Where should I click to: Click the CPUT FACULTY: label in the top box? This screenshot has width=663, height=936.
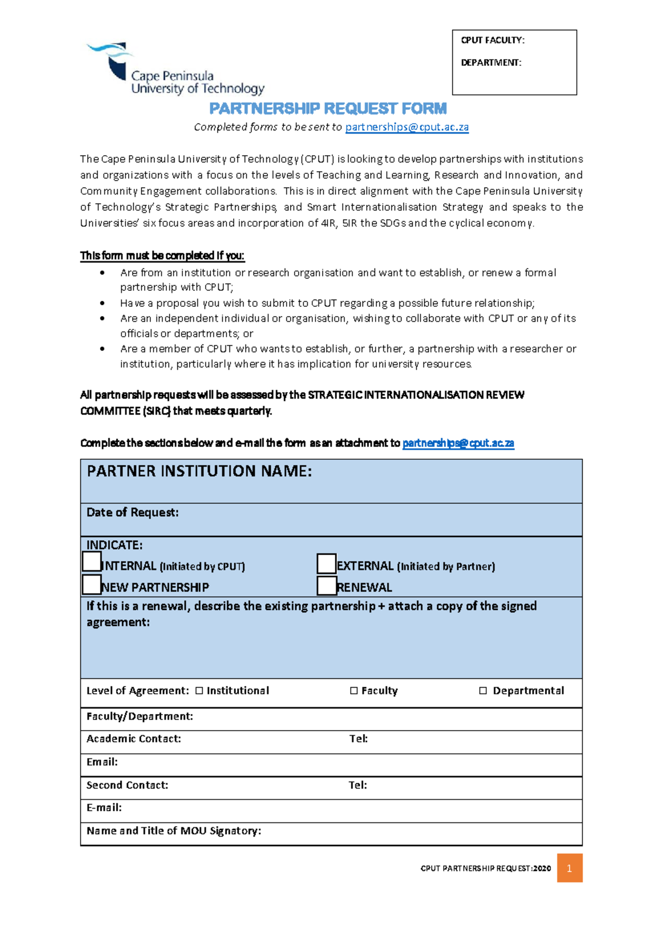(492, 40)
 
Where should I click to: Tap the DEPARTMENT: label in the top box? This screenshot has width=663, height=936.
(491, 62)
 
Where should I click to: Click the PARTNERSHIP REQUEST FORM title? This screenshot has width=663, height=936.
(328, 108)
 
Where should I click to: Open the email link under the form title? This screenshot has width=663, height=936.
(407, 127)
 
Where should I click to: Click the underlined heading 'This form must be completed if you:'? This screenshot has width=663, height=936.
(162, 256)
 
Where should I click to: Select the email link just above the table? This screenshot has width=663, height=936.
(458, 443)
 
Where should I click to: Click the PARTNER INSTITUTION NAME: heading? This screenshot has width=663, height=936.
(199, 471)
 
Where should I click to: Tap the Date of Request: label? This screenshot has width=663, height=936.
(133, 513)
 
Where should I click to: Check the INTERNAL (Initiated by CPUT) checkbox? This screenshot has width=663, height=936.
(92, 562)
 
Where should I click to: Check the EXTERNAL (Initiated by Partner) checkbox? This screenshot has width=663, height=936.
(327, 564)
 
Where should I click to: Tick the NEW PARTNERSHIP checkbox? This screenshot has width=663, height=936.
(92, 584)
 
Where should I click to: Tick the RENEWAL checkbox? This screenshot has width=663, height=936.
(327, 586)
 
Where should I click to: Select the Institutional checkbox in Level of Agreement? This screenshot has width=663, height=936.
(199, 691)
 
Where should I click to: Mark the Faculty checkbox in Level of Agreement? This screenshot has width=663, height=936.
(354, 691)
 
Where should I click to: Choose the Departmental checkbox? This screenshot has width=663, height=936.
(483, 691)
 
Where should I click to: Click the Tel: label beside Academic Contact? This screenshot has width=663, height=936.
(359, 739)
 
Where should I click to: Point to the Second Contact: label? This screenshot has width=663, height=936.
(127, 785)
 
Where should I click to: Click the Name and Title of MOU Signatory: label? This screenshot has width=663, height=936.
(173, 831)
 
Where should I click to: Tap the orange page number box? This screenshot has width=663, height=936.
(569, 868)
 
